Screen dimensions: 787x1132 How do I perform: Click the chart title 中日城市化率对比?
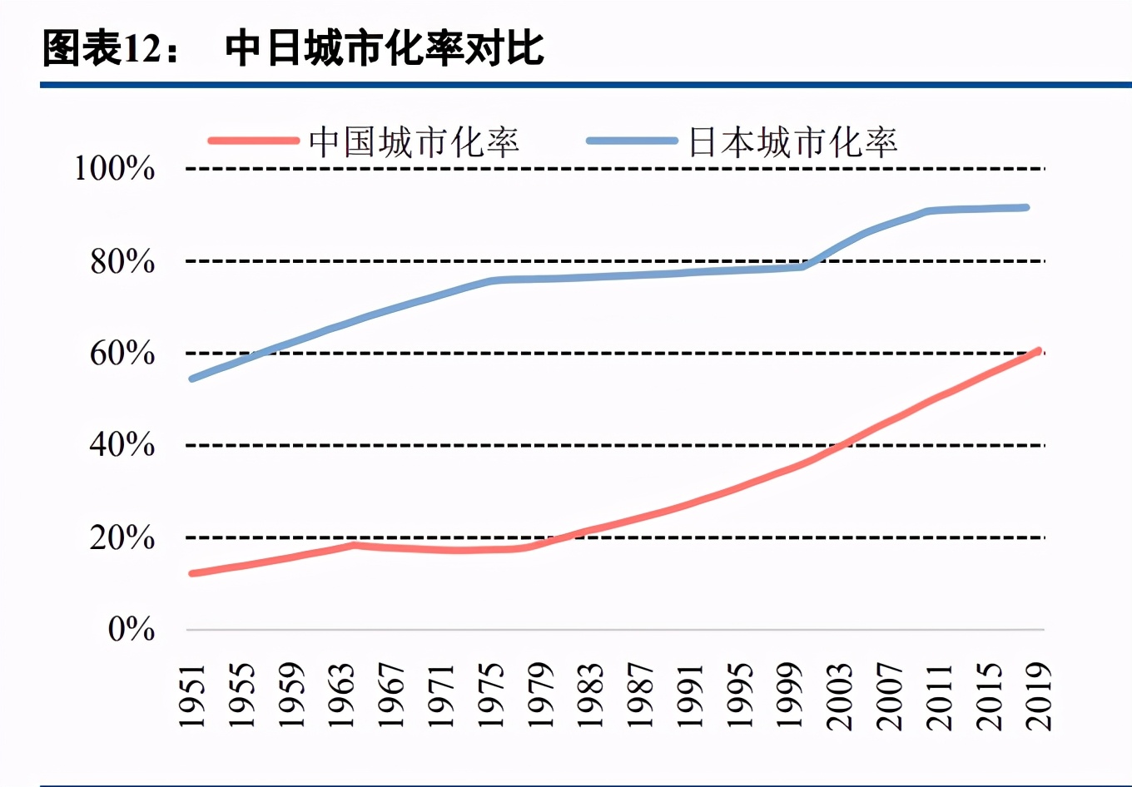tap(385, 48)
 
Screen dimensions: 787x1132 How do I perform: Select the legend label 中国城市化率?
tap(414, 142)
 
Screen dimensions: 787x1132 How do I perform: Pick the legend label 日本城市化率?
tap(792, 142)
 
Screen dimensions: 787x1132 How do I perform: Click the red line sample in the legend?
tap(253, 141)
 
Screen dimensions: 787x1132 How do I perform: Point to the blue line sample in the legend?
tap(632, 141)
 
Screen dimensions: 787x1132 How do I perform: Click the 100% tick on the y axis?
tap(115, 169)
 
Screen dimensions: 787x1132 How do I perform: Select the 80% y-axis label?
tap(122, 261)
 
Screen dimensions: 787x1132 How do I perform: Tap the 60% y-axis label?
tap(122, 354)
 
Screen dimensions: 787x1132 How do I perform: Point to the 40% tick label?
tap(122, 445)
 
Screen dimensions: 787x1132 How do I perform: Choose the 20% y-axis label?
tap(122, 538)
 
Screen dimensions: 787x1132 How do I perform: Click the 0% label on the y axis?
tap(132, 629)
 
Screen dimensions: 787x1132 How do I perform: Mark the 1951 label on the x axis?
tap(192, 695)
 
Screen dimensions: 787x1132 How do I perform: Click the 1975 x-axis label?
tap(491, 695)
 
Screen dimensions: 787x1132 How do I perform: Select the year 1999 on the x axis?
tap(790, 695)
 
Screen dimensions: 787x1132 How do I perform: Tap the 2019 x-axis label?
tap(1039, 695)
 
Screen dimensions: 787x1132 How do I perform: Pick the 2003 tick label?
tap(840, 695)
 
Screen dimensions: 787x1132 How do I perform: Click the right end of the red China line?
tap(1038, 351)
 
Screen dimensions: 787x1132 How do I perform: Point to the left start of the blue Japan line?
tap(192, 379)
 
